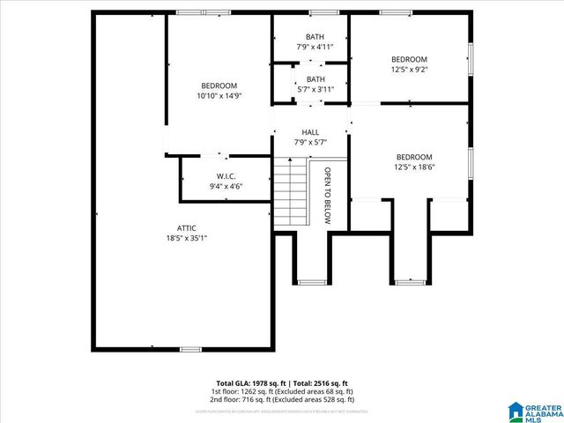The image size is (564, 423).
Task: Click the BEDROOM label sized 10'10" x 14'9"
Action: click(x=219, y=85)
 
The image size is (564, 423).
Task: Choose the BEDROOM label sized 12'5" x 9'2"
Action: click(x=409, y=59)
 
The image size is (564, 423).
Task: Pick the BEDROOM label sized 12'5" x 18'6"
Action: click(x=413, y=156)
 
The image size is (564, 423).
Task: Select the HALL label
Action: click(x=310, y=132)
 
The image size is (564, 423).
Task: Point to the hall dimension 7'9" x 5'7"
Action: click(x=310, y=142)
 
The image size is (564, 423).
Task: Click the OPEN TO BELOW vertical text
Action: click(x=327, y=196)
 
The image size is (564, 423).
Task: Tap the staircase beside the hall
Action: click(x=287, y=191)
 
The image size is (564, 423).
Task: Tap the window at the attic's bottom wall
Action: click(x=190, y=350)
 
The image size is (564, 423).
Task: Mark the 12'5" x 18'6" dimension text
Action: click(x=413, y=167)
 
